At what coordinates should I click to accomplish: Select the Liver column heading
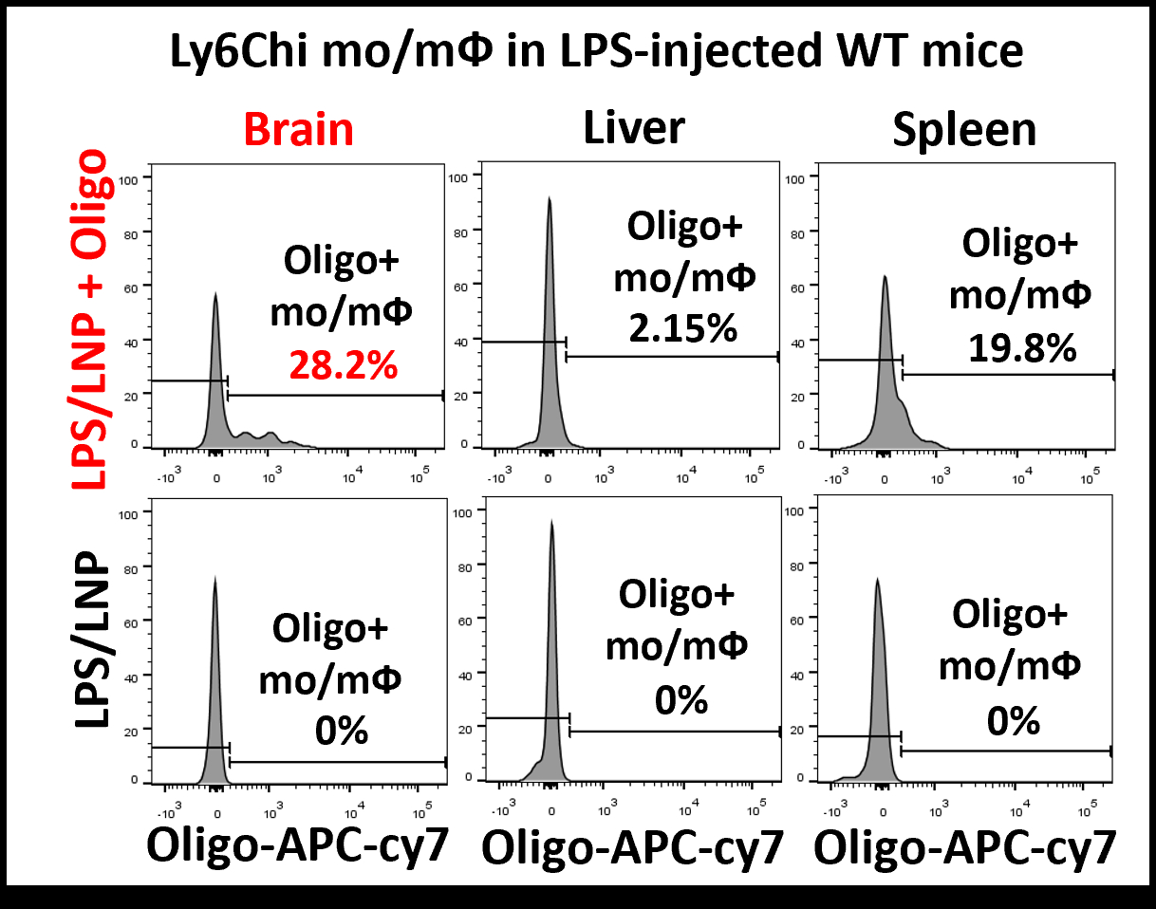pos(635,126)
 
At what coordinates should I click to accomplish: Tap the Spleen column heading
pos(964,129)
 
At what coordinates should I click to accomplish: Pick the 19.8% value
pos(1022,348)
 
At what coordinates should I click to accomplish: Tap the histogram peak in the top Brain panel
pos(215,295)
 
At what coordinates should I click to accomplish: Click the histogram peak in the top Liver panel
pos(549,199)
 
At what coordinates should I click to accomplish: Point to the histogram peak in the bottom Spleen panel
pos(877,581)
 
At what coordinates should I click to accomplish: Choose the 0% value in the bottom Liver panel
pos(681,699)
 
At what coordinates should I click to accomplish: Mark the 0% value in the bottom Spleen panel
pos(1013,721)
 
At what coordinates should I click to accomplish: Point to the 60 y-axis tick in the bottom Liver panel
pos(463,621)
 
